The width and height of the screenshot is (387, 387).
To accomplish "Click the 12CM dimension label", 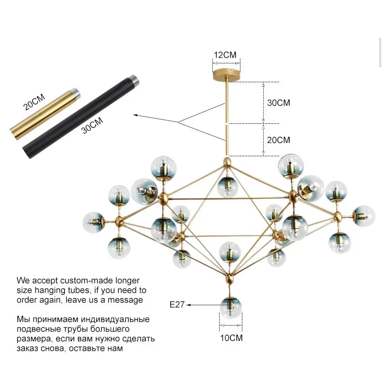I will coord(225,55).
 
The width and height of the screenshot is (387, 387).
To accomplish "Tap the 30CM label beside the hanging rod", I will coord(279,103).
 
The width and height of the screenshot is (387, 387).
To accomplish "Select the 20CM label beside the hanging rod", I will coord(279,140).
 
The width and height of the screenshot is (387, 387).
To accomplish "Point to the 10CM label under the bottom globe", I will coord(231,338).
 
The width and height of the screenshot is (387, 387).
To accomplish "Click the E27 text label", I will coord(177,305).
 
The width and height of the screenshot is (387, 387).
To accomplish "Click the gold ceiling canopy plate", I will coord(226,76).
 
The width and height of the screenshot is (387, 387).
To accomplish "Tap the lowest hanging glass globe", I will coord(230,308).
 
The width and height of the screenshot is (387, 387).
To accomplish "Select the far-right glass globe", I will coord(363,216).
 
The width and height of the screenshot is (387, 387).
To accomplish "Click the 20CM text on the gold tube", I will coord(34,101).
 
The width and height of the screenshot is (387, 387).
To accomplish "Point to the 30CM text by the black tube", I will coord(92,126).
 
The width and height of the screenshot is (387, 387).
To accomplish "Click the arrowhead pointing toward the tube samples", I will coord(136,116).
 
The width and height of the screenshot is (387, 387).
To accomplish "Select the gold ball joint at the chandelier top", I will coord(226,160).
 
